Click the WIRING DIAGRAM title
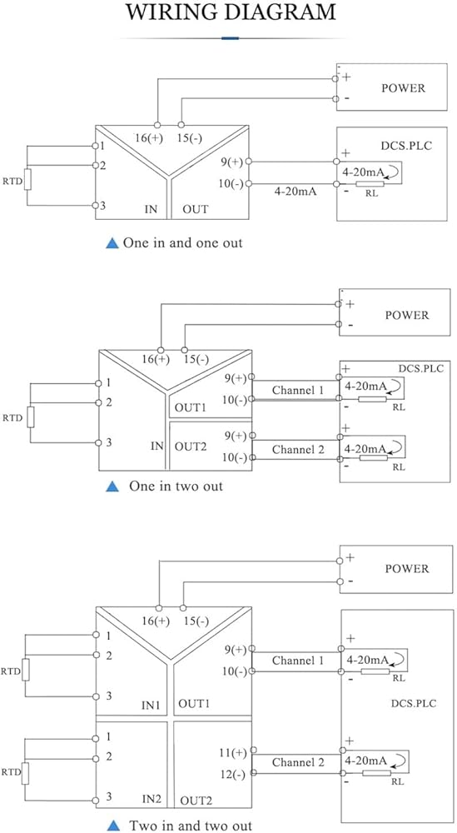pos(230,12)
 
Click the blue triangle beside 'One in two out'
pos(112,486)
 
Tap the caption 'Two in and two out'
pos(191,825)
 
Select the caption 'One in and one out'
pos(182,243)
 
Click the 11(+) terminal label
pos(233,752)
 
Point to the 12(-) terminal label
pos(233,774)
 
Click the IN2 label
pos(152,799)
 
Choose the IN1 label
pos(151,706)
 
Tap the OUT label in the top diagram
pos(196,209)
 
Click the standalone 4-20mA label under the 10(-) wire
pos(296,192)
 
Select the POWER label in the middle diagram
pos(407,315)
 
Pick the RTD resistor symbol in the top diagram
pos(27,180)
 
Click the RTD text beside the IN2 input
pos(11,771)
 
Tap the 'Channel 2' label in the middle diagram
pos(298,450)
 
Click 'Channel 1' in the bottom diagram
pos(298,661)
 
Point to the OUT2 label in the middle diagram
pos(191,446)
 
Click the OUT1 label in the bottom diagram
pos(194,704)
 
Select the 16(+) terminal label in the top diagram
pos(149,138)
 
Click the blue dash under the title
pos(230,38)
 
